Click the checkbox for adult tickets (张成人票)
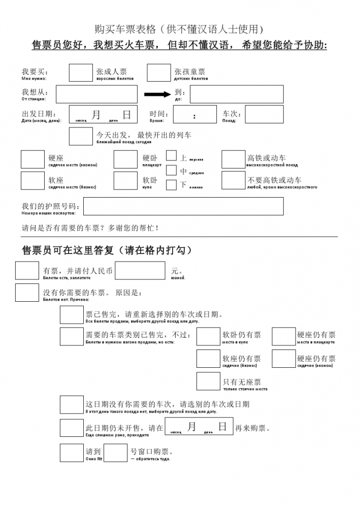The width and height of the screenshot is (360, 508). pyautogui.click(x=81, y=73)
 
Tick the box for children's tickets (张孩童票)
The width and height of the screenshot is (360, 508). pyautogui.click(x=158, y=73)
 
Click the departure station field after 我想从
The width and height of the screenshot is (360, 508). pyautogui.click(x=96, y=94)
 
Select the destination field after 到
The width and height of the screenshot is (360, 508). pyautogui.click(x=237, y=94)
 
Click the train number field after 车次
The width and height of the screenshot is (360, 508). pyautogui.click(x=264, y=114)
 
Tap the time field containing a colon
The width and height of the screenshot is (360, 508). pyautogui.click(x=194, y=114)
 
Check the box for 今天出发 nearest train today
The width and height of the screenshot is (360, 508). pyautogui.click(x=81, y=136)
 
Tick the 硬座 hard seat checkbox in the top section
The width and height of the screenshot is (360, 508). pyautogui.click(x=32, y=160)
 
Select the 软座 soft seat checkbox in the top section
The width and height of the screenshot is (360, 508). pyautogui.click(x=32, y=180)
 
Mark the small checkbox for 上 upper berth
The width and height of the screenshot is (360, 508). pyautogui.click(x=172, y=155)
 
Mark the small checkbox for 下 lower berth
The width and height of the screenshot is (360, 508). pyautogui.click(x=172, y=185)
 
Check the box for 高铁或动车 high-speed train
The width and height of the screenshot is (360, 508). pyautogui.click(x=234, y=160)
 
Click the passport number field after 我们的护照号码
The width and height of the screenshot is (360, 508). pyautogui.click(x=183, y=206)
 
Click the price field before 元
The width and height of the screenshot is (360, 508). pyautogui.click(x=140, y=270)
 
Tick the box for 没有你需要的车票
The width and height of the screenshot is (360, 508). pyautogui.click(x=27, y=293)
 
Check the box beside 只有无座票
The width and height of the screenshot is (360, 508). pyautogui.click(x=208, y=381)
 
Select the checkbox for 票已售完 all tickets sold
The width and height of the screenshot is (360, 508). pyautogui.click(x=72, y=315)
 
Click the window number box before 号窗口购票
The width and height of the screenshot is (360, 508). pyautogui.click(x=115, y=453)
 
